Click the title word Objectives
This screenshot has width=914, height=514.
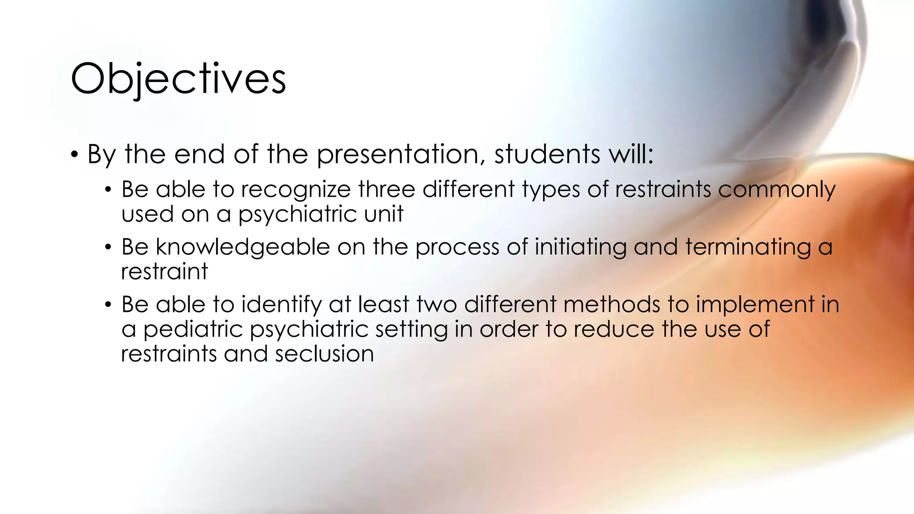[x=178, y=79]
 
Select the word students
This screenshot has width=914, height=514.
[x=547, y=154]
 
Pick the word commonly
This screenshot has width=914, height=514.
[x=777, y=189]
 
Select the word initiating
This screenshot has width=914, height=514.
[x=581, y=247]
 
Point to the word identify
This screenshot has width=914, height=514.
[x=282, y=305]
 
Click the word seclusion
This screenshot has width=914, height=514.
[x=324, y=354]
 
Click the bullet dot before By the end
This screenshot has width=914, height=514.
[x=75, y=155]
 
